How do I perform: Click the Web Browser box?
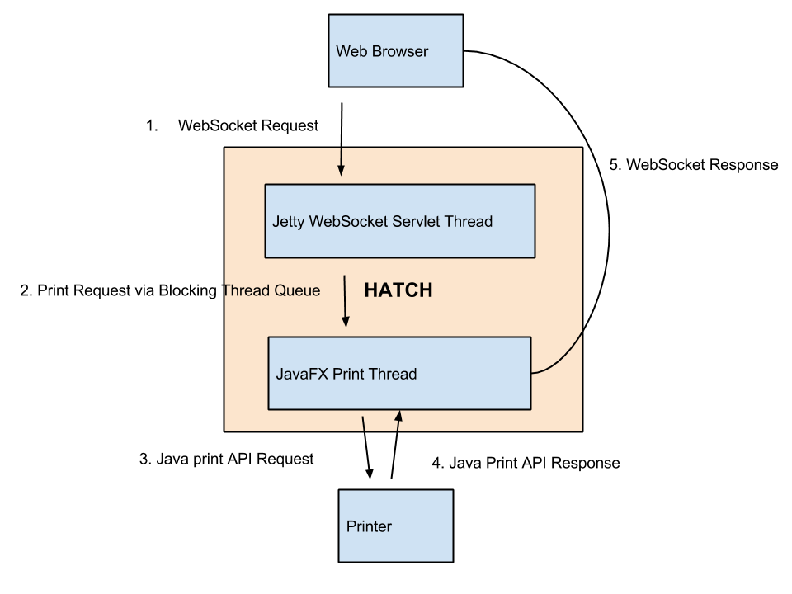tap(396, 50)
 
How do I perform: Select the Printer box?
tap(396, 526)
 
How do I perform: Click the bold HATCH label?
tap(398, 290)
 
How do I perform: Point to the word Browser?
tap(400, 51)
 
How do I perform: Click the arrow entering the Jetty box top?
tap(341, 163)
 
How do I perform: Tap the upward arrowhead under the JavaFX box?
tap(398, 417)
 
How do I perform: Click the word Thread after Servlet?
tap(469, 221)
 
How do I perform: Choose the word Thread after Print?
tap(392, 374)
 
